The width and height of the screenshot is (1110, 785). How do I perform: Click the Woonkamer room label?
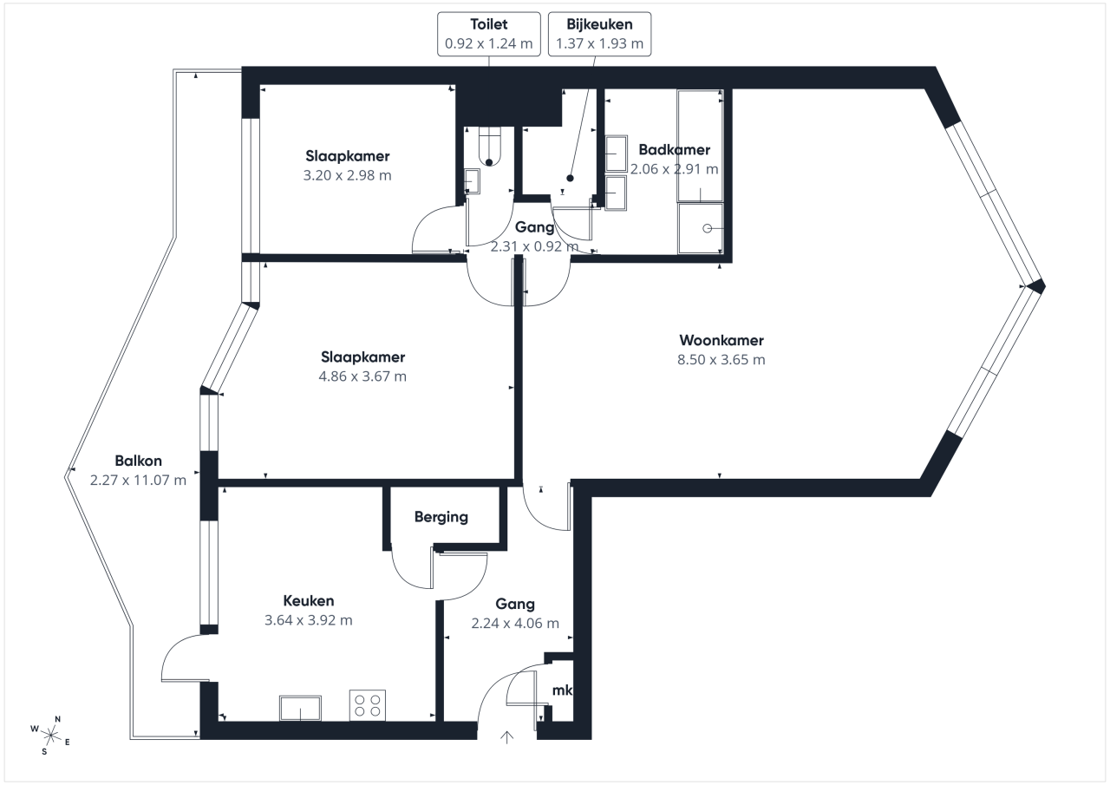[721, 341]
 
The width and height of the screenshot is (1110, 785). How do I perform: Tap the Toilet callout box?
[488, 34]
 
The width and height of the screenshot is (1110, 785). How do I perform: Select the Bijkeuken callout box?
[599, 34]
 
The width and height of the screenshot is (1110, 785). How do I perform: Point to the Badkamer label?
[674, 150]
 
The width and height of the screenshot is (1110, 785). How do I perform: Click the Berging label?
[441, 517]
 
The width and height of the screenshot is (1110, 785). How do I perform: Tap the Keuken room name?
[308, 601]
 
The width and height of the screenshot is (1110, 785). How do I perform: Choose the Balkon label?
[138, 461]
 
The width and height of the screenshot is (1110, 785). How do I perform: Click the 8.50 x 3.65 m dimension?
[721, 360]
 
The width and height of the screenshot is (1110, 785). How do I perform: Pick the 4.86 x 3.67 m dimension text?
[362, 376]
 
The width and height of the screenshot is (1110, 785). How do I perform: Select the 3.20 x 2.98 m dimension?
[347, 175]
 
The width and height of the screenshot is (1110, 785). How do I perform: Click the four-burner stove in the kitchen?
[367, 705]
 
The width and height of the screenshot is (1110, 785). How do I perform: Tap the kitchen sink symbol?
[300, 708]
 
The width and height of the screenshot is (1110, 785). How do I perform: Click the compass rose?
[50, 735]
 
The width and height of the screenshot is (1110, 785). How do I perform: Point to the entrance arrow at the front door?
[506, 737]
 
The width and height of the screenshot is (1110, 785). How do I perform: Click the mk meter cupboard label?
[562, 690]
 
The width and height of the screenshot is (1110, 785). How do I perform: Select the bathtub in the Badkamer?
[700, 146]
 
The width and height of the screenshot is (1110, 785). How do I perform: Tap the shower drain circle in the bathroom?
[707, 228]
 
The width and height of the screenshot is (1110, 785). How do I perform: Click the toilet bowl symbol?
[489, 147]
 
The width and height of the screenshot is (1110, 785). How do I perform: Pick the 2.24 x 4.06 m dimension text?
[515, 624]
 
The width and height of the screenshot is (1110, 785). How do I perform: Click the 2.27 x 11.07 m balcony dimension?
[138, 481]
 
